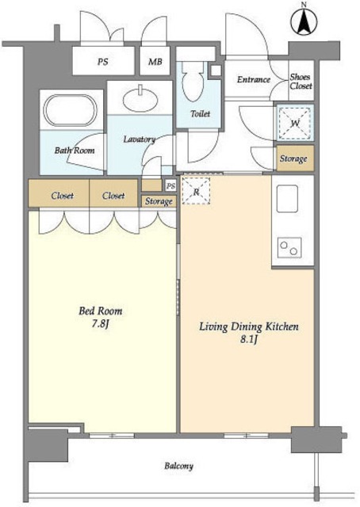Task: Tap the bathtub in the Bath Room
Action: tap(71, 110)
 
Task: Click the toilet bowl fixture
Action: tap(193, 81)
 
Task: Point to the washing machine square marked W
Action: tap(295, 124)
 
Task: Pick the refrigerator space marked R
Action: tap(196, 192)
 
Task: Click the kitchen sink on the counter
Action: tap(287, 199)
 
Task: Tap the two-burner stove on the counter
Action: tap(289, 248)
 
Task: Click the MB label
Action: tap(155, 62)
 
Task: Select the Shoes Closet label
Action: tap(301, 82)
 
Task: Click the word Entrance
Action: tap(254, 79)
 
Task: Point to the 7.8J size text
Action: tap(100, 324)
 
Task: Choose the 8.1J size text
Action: tap(249, 340)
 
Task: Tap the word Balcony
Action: tap(178, 466)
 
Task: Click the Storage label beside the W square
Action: tap(293, 158)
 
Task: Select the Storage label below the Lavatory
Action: tap(159, 201)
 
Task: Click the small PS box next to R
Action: tap(171, 186)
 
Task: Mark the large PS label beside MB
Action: tap(103, 62)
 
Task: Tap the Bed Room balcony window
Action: tap(112, 436)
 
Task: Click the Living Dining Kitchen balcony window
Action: tap(247, 436)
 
